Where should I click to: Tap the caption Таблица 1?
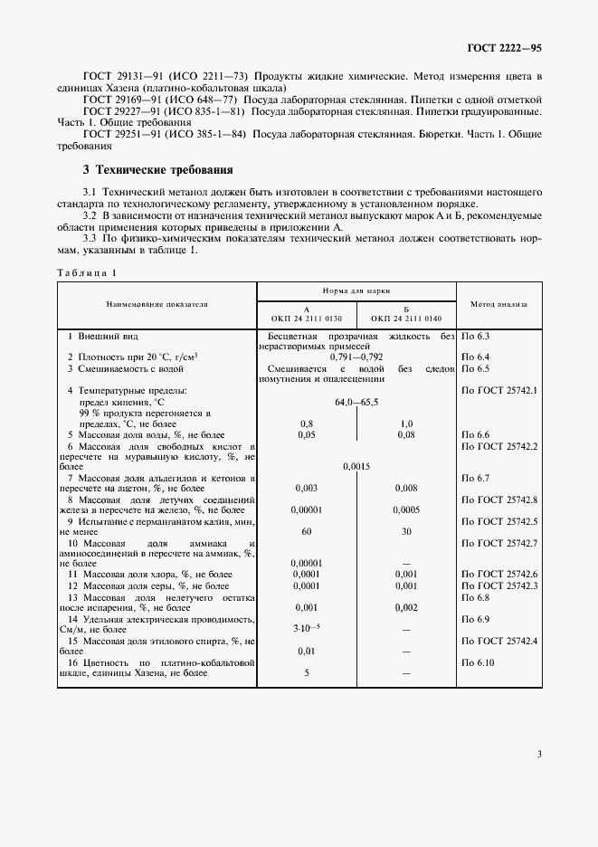[87, 272]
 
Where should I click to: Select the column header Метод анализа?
[499, 304]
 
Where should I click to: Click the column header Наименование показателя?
[157, 304]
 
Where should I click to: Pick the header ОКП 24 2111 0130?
[307, 318]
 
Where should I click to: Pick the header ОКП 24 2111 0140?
[407, 318]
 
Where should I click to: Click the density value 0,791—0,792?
[356, 357]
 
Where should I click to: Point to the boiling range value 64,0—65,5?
[356, 401]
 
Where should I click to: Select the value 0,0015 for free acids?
[356, 466]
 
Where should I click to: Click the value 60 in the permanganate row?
[307, 532]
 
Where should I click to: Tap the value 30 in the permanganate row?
[407, 532]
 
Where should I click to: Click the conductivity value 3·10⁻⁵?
[307, 628]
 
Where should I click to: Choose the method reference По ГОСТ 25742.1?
[499, 389]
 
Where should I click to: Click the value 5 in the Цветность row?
[307, 673]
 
